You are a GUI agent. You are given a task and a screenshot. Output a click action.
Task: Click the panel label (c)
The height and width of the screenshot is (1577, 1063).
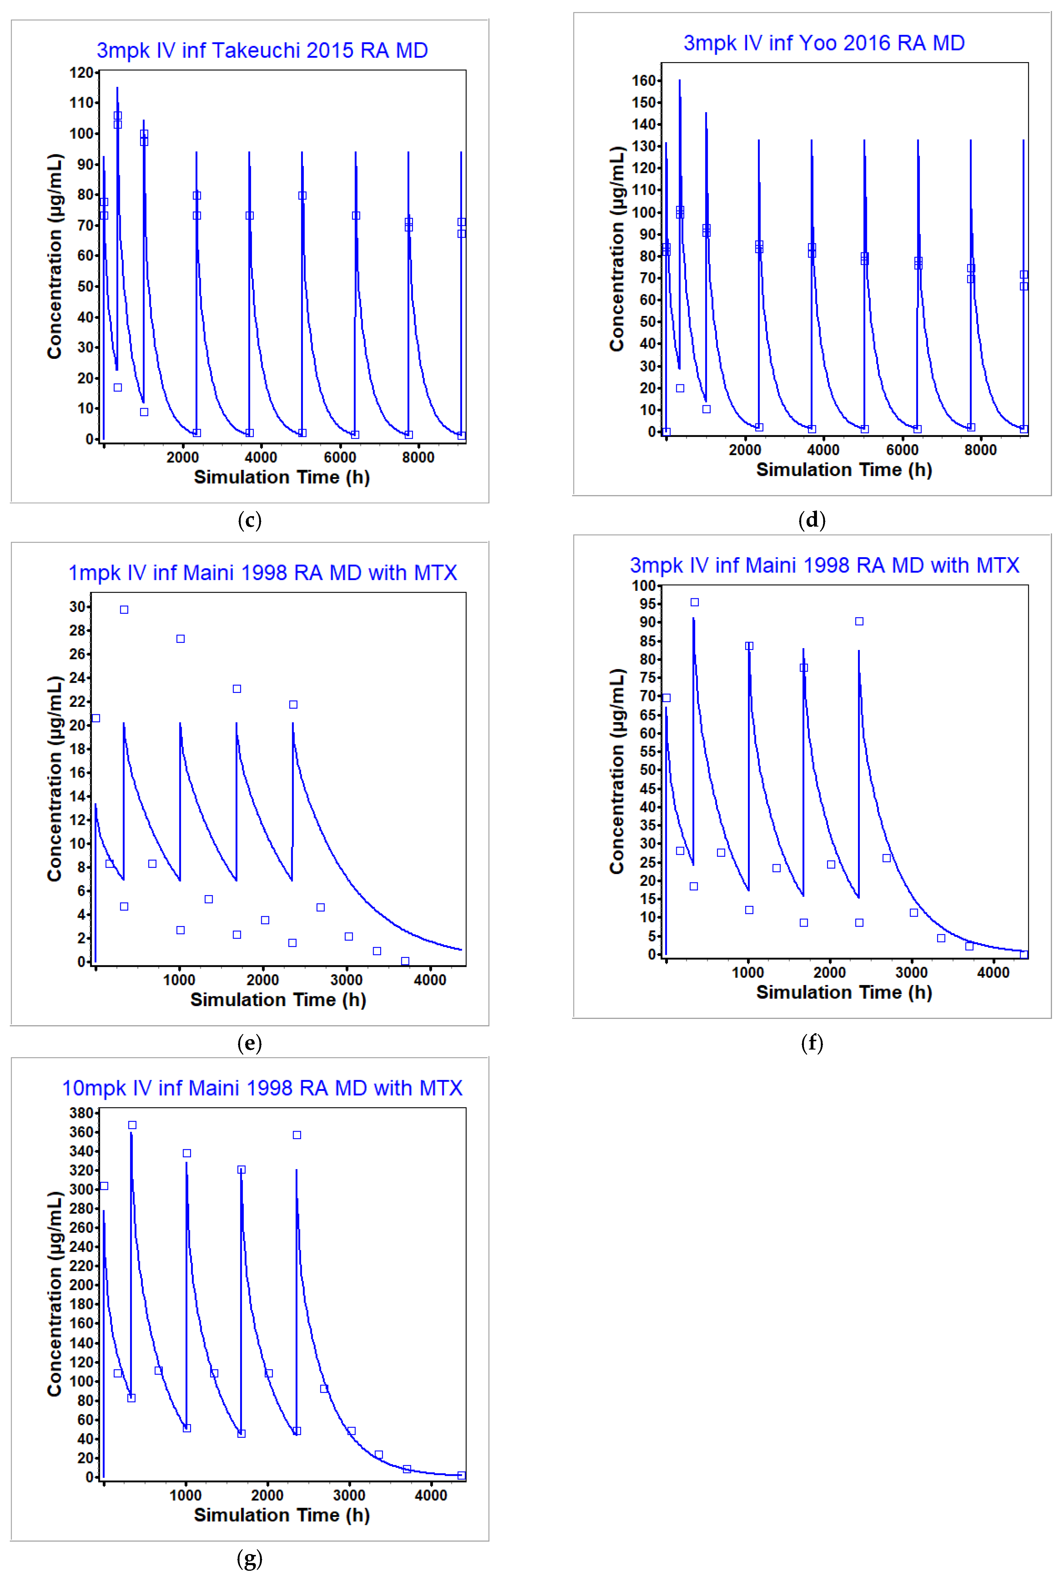tap(250, 521)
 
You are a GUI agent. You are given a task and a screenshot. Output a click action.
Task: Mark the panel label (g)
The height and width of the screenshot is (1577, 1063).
tap(250, 1559)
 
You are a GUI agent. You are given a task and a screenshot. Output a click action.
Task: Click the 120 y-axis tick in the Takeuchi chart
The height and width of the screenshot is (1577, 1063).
tap(81, 73)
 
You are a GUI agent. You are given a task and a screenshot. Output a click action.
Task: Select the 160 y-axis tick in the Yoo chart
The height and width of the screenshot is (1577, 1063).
tap(643, 81)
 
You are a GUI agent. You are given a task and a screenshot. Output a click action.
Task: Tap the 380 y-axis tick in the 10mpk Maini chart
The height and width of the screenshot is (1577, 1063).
tap(81, 1113)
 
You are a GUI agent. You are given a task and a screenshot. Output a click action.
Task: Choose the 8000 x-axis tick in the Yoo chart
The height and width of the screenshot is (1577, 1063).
tap(980, 450)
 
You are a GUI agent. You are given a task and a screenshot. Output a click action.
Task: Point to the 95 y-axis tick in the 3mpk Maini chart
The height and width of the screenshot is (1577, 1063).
tap(643, 604)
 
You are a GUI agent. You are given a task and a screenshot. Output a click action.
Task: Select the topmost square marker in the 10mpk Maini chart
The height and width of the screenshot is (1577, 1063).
tap(132, 1125)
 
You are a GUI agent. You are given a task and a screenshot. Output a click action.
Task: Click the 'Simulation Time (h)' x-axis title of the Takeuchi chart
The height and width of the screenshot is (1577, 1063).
tap(281, 477)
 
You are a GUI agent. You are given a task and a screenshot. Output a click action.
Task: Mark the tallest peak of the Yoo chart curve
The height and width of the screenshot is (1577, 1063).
tap(679, 81)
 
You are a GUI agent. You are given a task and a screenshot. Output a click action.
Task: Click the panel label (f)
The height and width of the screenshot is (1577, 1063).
tap(812, 1043)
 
